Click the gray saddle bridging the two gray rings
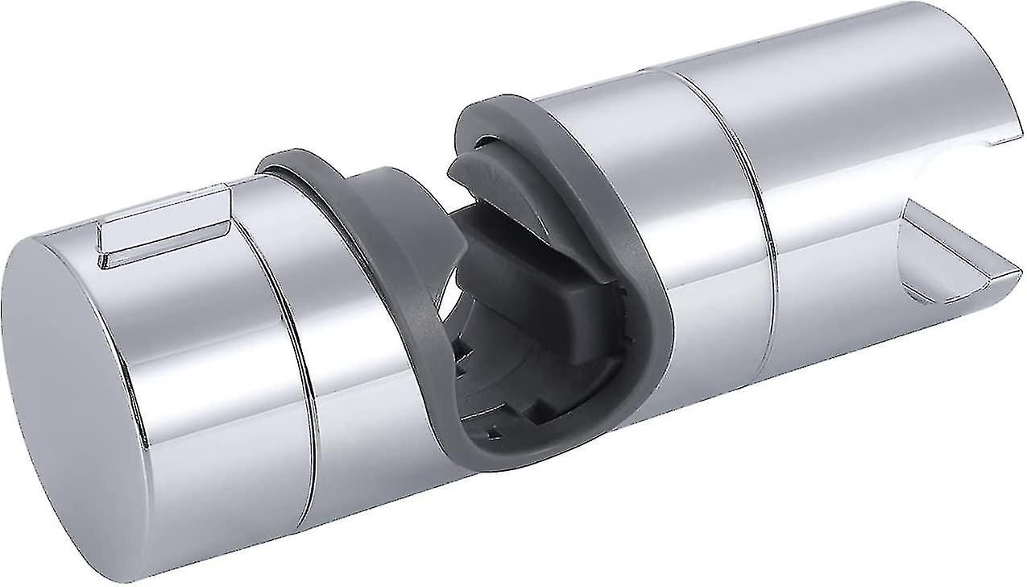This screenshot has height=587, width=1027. tap(387, 194)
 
